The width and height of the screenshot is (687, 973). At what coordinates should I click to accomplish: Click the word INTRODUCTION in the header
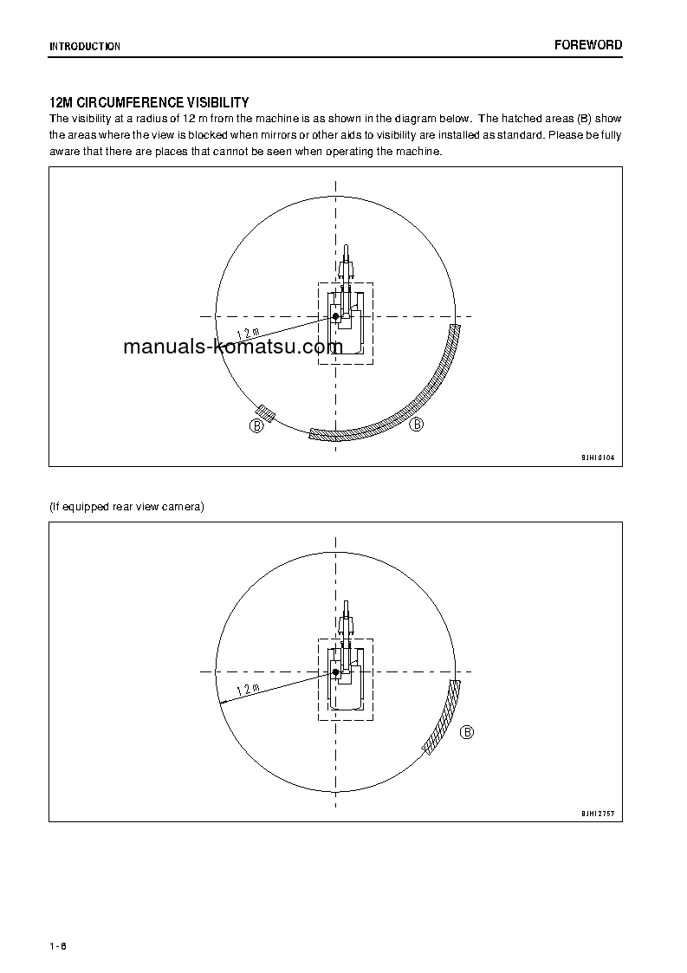84,46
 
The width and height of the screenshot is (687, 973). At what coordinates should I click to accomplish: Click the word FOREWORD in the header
588,45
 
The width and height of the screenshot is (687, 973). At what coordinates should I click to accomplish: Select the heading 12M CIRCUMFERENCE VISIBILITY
149,103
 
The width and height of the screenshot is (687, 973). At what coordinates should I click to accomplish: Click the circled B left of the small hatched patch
257,425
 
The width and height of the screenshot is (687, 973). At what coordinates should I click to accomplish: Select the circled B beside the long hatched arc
417,425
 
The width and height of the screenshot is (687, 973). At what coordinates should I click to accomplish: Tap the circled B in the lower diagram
467,732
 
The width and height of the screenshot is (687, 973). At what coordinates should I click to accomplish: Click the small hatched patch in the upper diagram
266,414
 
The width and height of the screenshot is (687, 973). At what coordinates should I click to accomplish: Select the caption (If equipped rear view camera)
126,506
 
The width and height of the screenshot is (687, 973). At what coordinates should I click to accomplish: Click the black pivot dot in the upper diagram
336,316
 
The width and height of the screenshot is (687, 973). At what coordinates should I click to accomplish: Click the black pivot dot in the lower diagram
335,671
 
